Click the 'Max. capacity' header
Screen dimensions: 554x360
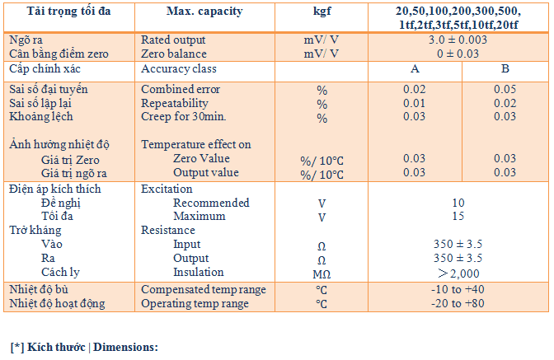(x=204, y=12)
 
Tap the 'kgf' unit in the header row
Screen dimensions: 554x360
(x=322, y=12)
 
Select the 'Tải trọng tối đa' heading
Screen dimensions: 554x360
(x=69, y=12)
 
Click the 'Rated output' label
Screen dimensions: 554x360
(x=173, y=40)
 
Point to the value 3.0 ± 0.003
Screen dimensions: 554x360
(x=458, y=40)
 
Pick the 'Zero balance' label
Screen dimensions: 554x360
(x=174, y=54)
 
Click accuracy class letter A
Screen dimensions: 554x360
(x=415, y=68)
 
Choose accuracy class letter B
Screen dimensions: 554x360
(x=505, y=68)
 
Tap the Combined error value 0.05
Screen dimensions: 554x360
(x=505, y=89)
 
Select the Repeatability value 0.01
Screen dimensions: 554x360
(x=415, y=104)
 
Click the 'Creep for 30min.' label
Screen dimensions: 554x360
(x=183, y=116)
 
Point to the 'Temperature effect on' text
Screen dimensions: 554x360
(x=196, y=144)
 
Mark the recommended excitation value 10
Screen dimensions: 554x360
(x=458, y=203)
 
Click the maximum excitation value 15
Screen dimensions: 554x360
(x=458, y=216)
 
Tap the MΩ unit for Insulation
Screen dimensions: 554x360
(x=322, y=274)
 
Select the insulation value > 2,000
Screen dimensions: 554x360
(x=458, y=274)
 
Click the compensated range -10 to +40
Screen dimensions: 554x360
(x=458, y=289)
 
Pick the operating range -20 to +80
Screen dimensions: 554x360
(x=458, y=303)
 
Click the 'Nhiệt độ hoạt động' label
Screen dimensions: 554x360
(x=57, y=303)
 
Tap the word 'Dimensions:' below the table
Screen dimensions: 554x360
(x=125, y=348)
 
